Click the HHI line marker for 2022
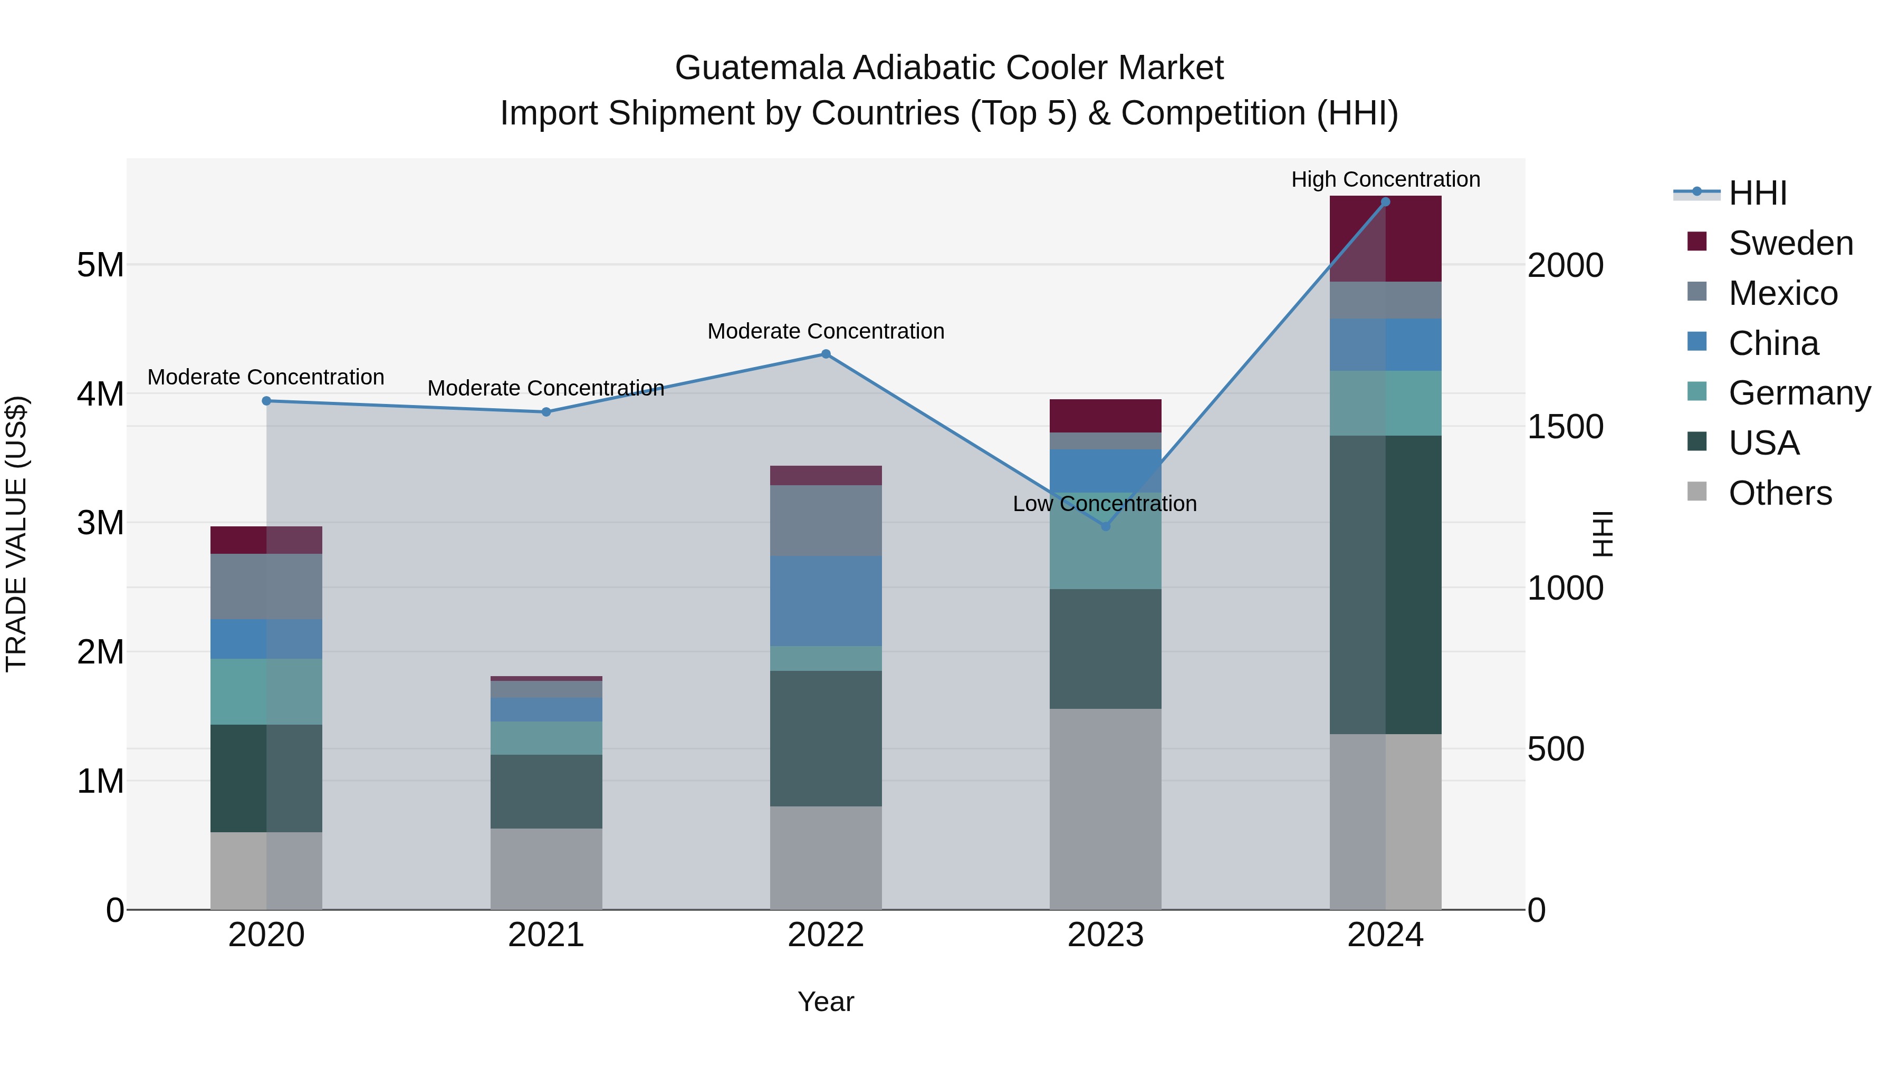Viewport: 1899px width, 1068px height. [826, 354]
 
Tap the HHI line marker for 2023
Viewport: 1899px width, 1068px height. [1105, 526]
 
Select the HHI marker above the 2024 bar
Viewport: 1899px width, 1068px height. [1385, 202]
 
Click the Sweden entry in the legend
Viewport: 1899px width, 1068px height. [1790, 243]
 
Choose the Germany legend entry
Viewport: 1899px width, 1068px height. [1799, 393]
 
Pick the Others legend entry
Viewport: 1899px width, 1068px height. [1780, 493]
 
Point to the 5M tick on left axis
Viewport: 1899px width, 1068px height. [100, 265]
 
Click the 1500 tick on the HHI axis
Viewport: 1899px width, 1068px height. [1565, 427]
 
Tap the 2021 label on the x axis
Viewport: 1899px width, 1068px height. [545, 935]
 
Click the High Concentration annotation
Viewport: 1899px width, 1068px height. [1385, 179]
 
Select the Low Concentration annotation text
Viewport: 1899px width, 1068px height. [1104, 504]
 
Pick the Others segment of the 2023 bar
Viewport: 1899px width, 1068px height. [1105, 809]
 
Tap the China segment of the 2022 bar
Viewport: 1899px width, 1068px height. [826, 601]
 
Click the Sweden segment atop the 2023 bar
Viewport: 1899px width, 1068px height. [1105, 416]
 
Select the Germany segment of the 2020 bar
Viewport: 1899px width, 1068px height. [266, 691]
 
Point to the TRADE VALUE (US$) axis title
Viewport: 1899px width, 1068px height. [16, 534]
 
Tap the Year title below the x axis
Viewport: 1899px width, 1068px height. [826, 1002]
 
